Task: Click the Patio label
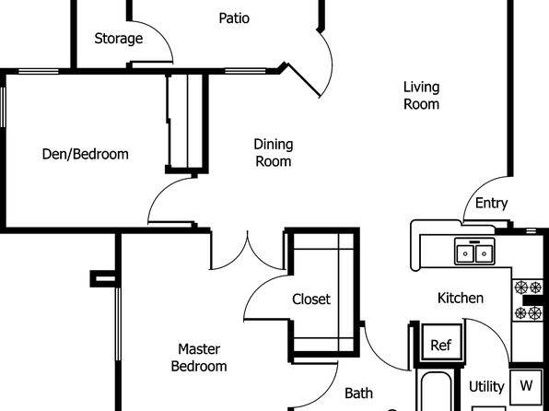point(234,18)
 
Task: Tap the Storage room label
point(119,39)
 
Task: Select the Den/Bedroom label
point(85,154)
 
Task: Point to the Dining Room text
point(274,153)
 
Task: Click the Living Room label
point(421,95)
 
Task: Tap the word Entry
point(491,204)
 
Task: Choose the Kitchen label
point(461,299)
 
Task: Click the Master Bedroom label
point(199,358)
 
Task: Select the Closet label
point(311,299)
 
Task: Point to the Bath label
point(358,393)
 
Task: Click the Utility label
point(486,387)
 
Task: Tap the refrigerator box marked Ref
point(441,342)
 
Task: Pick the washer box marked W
point(526,386)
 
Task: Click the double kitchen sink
point(474,252)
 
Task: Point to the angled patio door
point(304,80)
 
